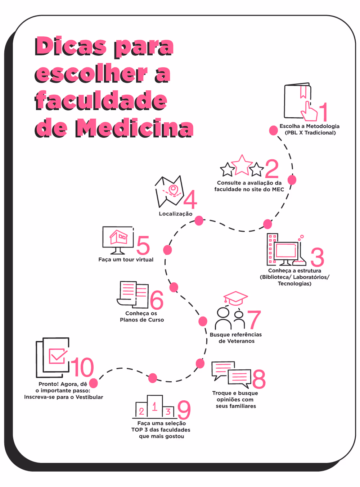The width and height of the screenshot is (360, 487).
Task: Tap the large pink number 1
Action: pyautogui.click(x=324, y=112)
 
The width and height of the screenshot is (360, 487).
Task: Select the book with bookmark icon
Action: pyautogui.click(x=298, y=101)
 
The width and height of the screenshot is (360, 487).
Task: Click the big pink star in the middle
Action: pyautogui.click(x=242, y=165)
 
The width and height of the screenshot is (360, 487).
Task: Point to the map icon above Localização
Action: pyautogui.click(x=169, y=192)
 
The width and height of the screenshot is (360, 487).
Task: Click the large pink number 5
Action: pyautogui.click(x=143, y=246)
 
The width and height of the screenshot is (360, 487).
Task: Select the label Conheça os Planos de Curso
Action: pyautogui.click(x=142, y=317)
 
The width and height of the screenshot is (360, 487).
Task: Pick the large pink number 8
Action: pyautogui.click(x=259, y=379)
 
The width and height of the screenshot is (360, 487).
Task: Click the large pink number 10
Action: pyautogui.click(x=82, y=368)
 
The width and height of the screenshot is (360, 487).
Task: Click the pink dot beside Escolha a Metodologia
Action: pyautogui.click(x=274, y=130)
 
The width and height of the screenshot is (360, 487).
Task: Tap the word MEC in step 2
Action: pyautogui.click(x=278, y=190)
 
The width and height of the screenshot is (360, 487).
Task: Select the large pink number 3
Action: pyautogui.click(x=317, y=257)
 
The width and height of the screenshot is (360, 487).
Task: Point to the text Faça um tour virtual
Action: pyautogui.click(x=126, y=260)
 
